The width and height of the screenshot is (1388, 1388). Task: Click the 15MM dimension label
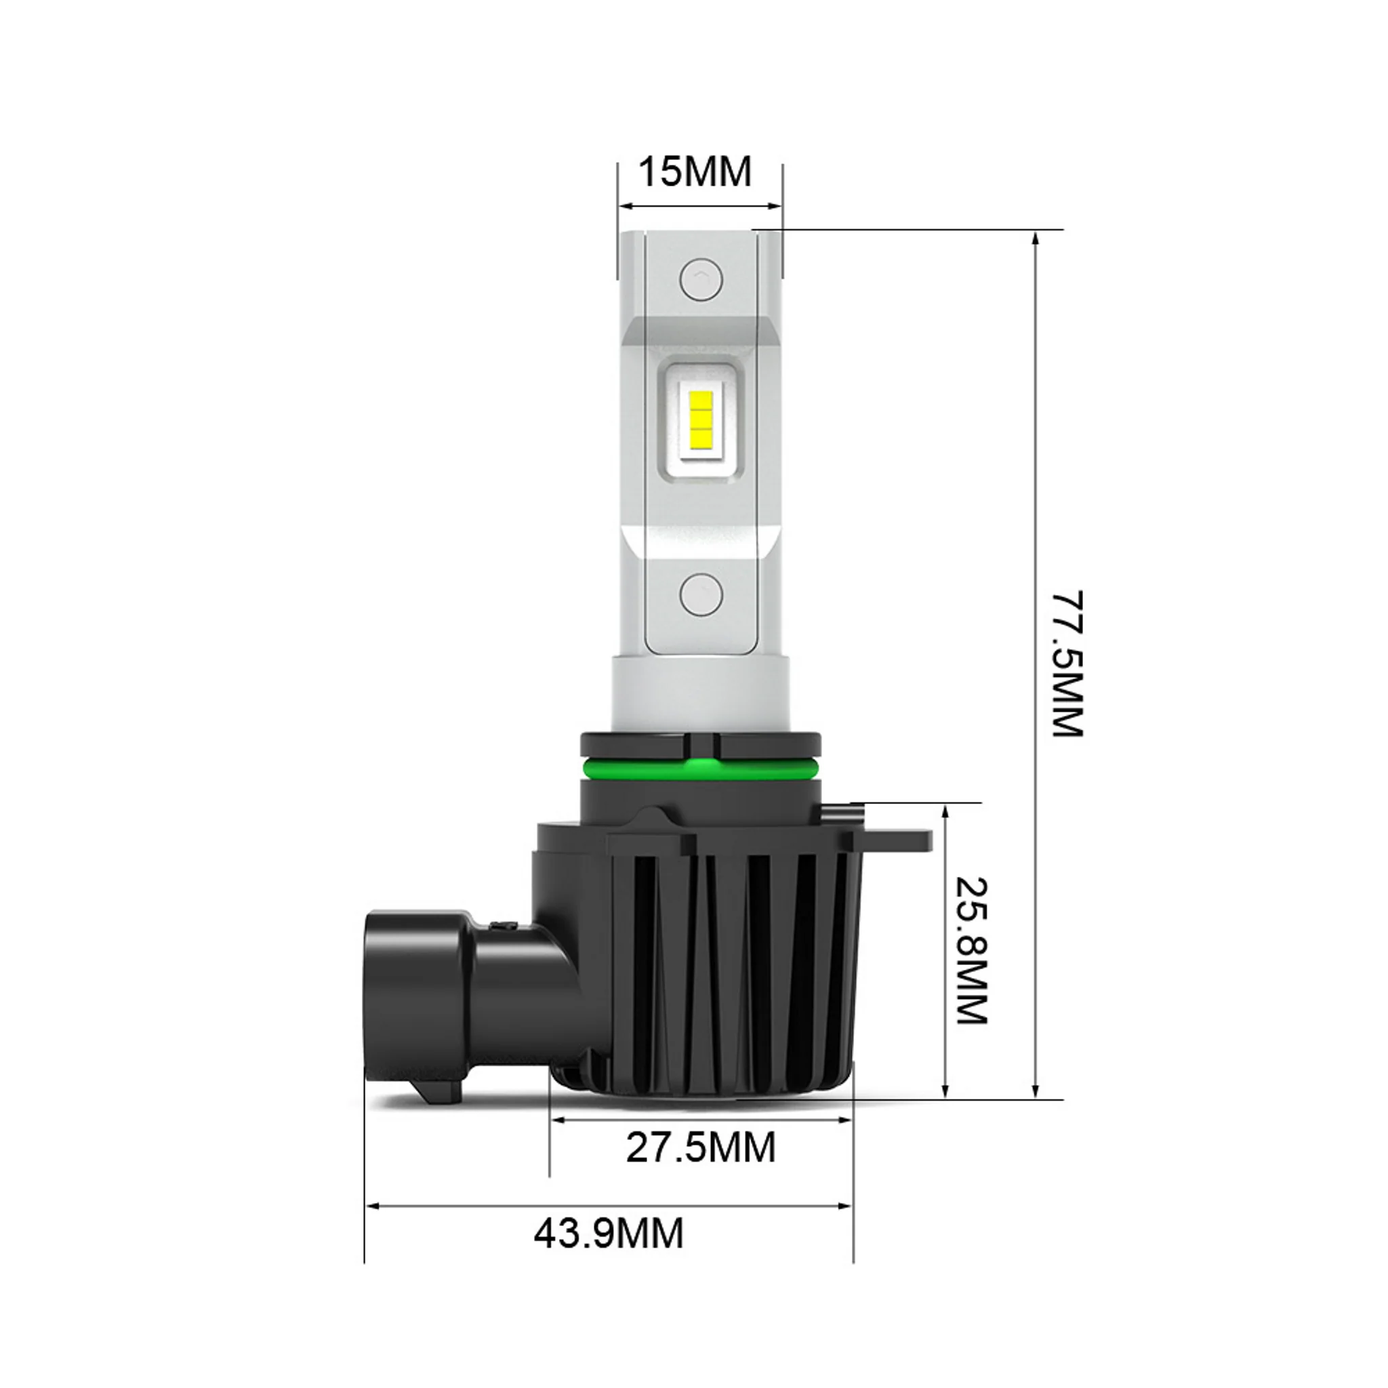(695, 172)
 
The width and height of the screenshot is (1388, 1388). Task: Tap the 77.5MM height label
(1067, 665)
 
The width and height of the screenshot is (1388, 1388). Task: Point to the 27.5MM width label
(701, 1147)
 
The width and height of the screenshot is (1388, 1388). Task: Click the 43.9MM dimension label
(609, 1233)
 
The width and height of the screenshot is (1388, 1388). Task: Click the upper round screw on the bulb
(701, 279)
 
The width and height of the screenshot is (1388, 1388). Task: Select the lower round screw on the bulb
(701, 594)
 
